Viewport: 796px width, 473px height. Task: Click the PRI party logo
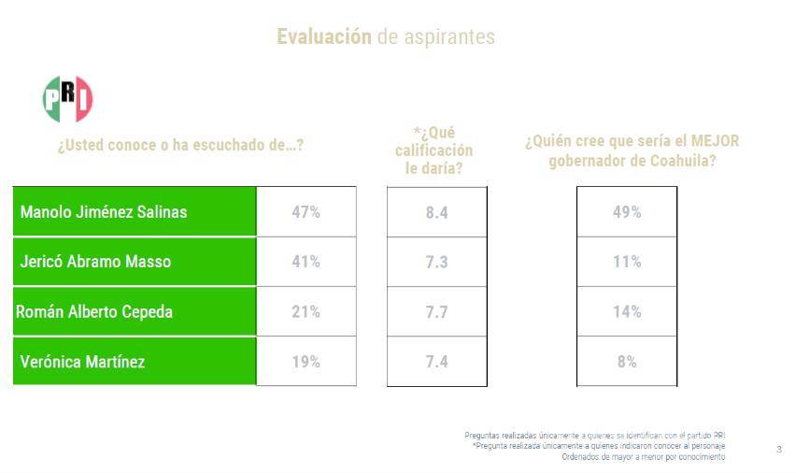pos(68,99)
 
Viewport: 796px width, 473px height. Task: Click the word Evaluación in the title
pos(323,37)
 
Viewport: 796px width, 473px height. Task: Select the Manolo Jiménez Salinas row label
pos(104,212)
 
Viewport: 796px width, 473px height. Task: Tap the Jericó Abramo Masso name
pos(95,262)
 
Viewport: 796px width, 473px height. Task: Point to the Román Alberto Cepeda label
pos(94,312)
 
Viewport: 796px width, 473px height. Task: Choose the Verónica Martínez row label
pos(82,362)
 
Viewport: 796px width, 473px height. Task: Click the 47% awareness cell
pos(306,212)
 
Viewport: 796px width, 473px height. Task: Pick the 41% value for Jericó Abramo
pos(306,262)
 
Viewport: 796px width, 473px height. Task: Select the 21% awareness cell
pos(306,312)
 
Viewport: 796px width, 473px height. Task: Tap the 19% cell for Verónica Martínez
pos(306,362)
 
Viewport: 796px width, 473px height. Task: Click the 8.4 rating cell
pos(436,212)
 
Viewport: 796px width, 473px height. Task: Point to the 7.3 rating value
pos(436,262)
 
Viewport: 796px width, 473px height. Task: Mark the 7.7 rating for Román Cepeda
pos(436,312)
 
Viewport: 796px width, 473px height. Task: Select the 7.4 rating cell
pos(436,362)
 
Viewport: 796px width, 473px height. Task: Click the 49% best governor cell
pos(626,212)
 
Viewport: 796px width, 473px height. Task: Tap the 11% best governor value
pos(626,262)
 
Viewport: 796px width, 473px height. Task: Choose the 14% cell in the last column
pos(626,312)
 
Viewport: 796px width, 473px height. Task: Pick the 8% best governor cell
pos(626,362)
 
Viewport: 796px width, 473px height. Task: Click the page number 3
pos(779,451)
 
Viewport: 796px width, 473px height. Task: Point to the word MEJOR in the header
pos(715,141)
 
